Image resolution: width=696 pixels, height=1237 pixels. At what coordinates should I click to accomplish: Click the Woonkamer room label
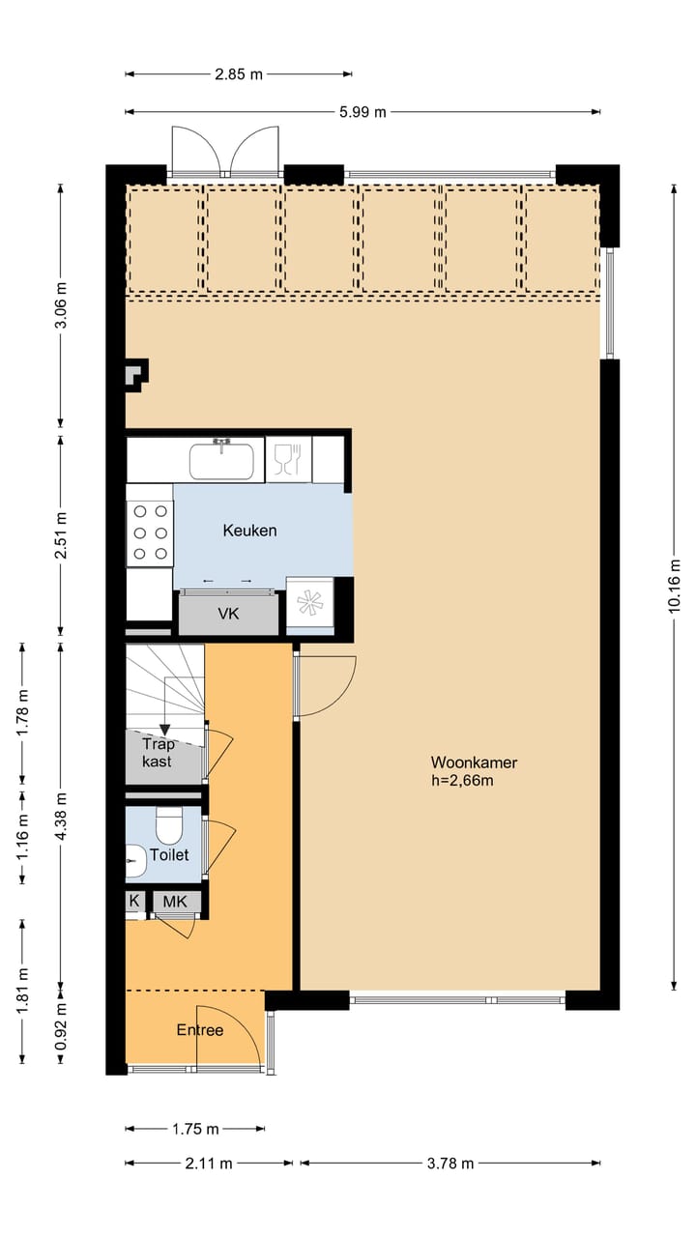[474, 762]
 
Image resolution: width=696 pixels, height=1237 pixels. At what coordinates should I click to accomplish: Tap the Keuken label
[249, 531]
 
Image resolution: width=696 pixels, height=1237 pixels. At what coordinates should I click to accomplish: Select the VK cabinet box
[228, 614]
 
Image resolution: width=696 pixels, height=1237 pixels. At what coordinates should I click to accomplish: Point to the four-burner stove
[150, 532]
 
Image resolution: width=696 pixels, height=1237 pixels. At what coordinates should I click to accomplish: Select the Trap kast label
[157, 753]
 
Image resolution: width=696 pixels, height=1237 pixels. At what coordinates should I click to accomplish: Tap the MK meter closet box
[176, 902]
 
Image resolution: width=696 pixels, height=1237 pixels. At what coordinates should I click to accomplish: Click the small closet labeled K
[133, 902]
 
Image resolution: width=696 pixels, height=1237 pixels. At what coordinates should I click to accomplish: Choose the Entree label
[199, 1030]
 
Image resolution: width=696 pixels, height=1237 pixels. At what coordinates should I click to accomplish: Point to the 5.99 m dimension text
[362, 112]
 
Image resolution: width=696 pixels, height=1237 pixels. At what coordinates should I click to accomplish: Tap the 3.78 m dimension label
[449, 1164]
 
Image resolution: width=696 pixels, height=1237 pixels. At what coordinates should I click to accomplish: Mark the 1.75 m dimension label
[194, 1129]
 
